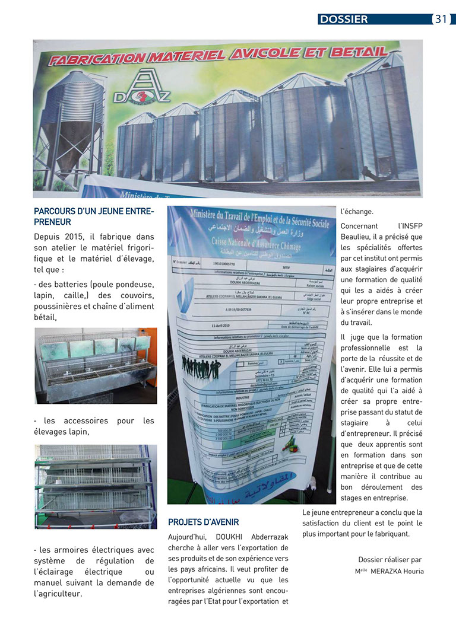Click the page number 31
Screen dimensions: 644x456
(x=441, y=19)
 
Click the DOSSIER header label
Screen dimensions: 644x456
(x=344, y=20)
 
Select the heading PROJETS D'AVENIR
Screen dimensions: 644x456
(x=204, y=522)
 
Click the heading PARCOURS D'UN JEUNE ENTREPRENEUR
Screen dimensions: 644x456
(x=94, y=216)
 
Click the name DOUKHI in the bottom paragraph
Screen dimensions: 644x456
(x=223, y=537)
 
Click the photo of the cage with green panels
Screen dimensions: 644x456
(x=96, y=365)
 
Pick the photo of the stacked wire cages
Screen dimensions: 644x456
(x=96, y=486)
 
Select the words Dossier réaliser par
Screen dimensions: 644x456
(x=389, y=559)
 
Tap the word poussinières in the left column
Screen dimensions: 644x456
(x=61, y=306)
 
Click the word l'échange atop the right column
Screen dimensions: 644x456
(x=357, y=211)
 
